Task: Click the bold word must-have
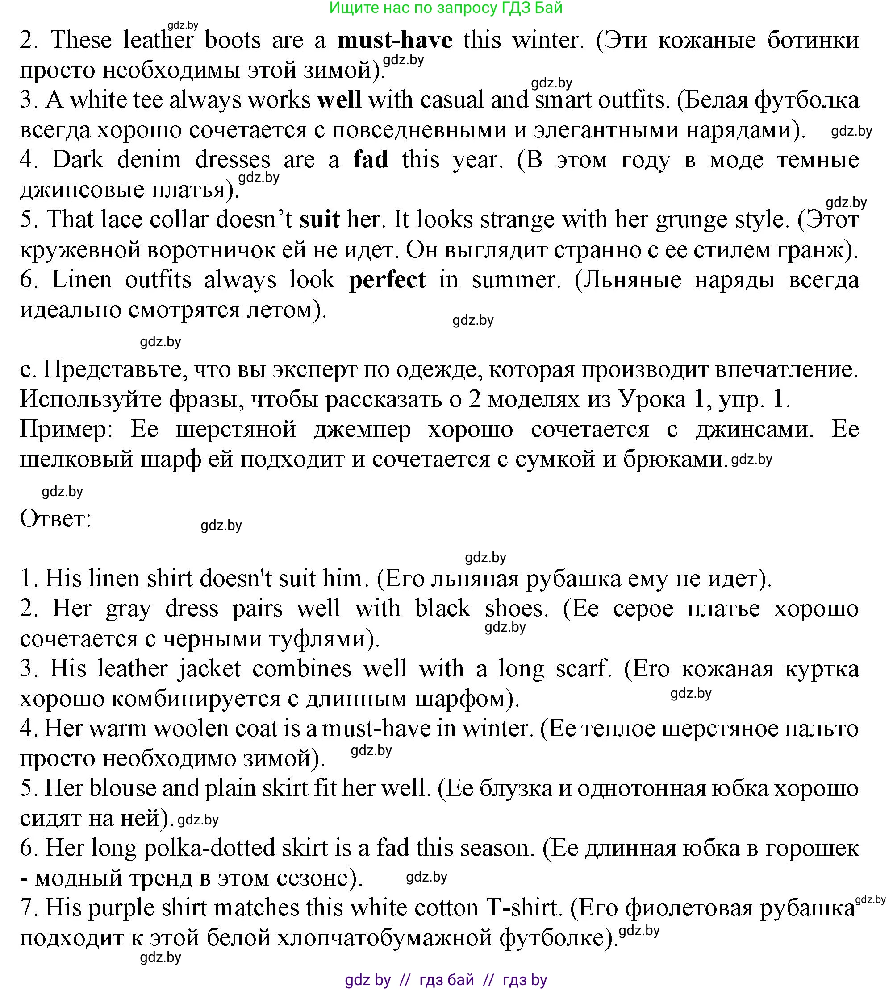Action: (395, 40)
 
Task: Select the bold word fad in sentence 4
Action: (371, 159)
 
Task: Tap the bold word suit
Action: (319, 219)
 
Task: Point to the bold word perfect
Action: (387, 279)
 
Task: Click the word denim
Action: (149, 159)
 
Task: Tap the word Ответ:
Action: (55, 518)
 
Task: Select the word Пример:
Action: (66, 429)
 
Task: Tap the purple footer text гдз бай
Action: (447, 979)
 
